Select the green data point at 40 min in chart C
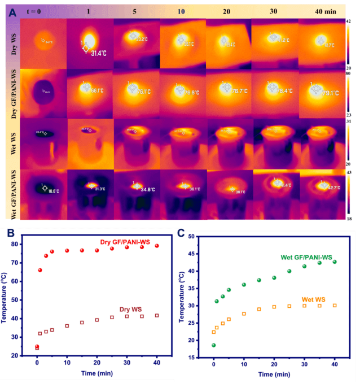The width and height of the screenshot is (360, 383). (x=335, y=262)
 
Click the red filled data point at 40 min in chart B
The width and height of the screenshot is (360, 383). (x=157, y=246)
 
